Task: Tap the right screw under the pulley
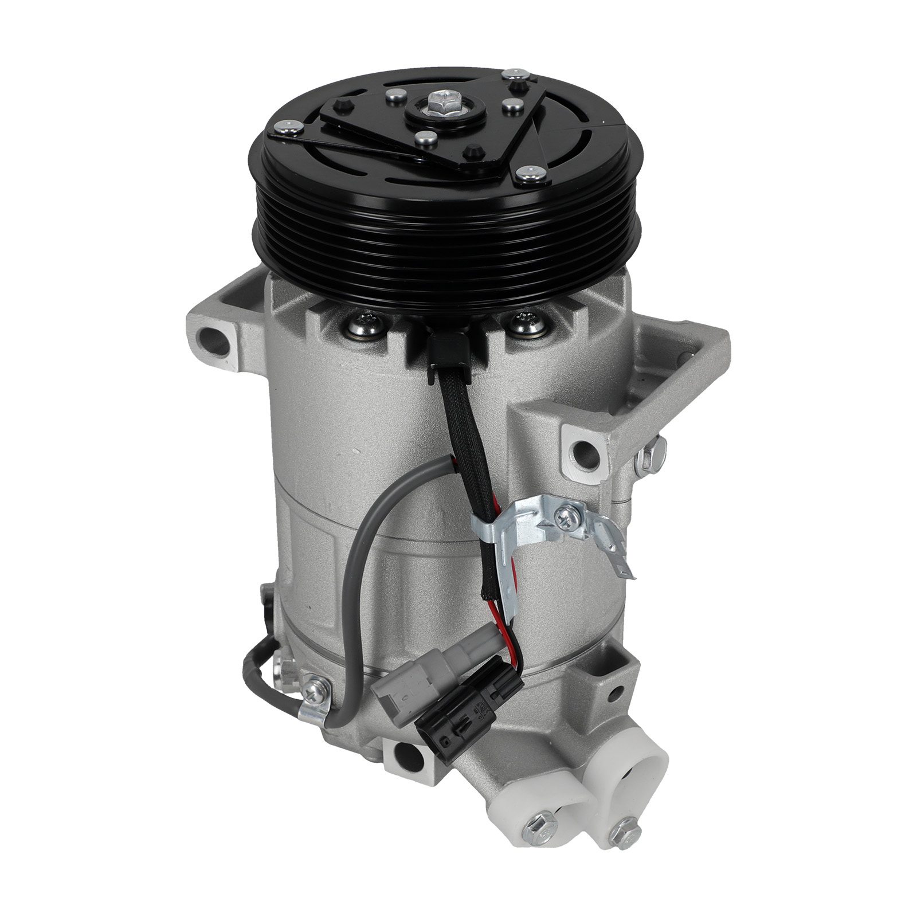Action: tap(523, 324)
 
